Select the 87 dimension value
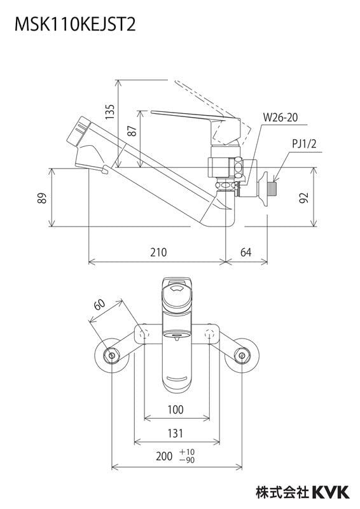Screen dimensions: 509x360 [x=132, y=131]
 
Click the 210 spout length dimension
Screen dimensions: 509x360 [x=158, y=253]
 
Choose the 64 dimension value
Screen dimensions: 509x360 [x=246, y=253]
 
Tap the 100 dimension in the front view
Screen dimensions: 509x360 [x=176, y=410]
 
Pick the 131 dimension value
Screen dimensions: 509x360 [x=176, y=433]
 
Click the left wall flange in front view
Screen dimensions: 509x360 [x=111, y=354]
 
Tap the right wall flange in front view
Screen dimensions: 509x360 [x=242, y=354]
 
